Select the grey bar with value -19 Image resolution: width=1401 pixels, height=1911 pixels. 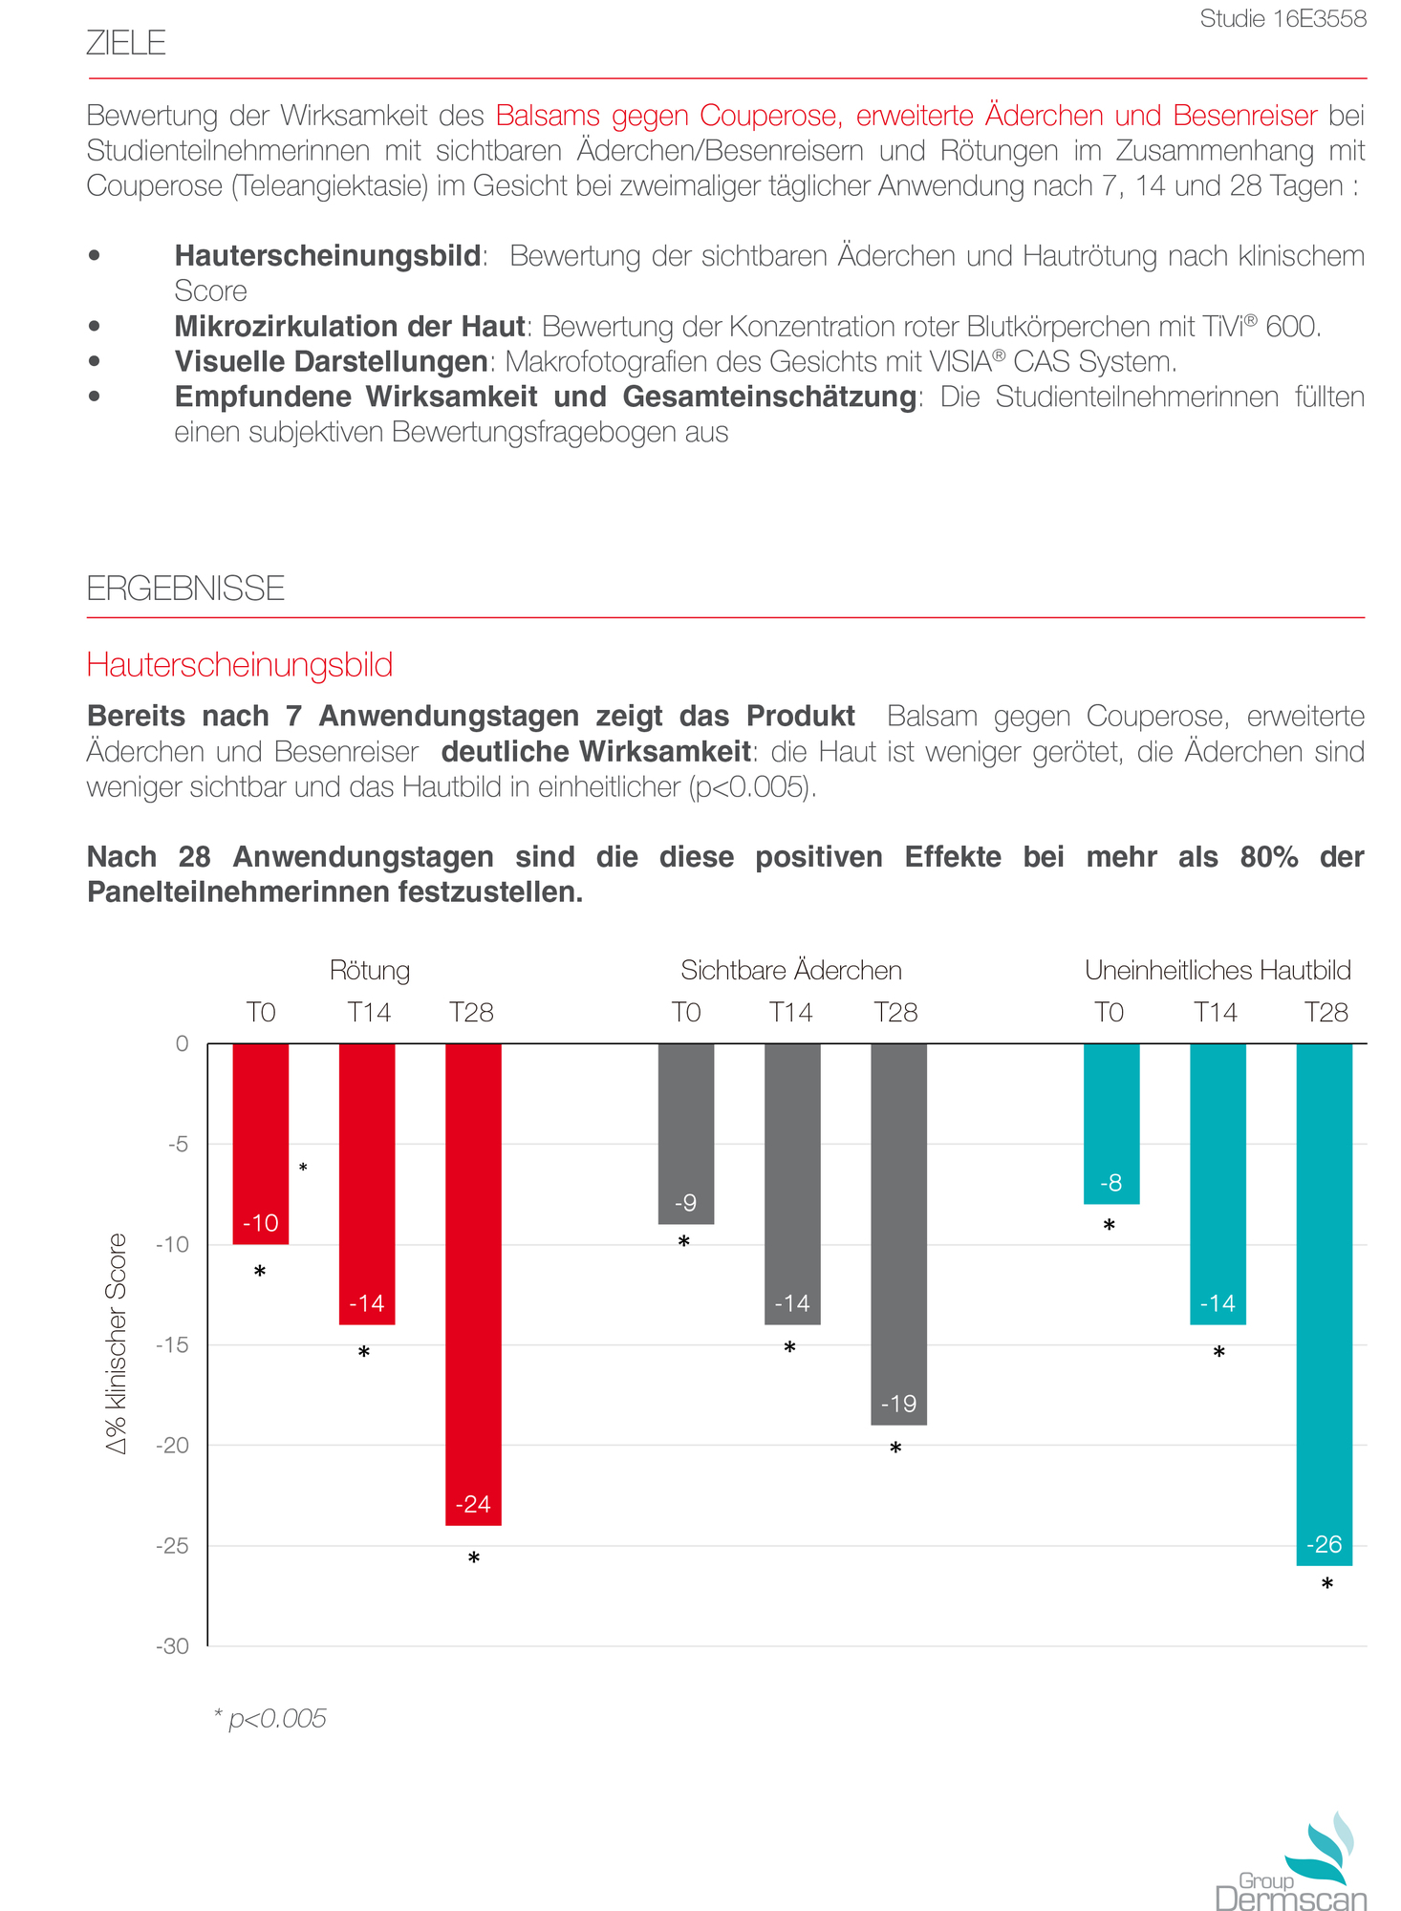click(898, 1233)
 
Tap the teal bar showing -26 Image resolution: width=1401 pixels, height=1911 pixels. click(1324, 1304)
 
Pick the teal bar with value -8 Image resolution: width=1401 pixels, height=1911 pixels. click(1110, 1123)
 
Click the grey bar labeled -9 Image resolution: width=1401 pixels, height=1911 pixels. click(686, 1133)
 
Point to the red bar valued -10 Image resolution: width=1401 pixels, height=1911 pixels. click(261, 1143)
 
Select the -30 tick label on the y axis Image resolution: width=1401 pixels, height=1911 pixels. click(173, 1645)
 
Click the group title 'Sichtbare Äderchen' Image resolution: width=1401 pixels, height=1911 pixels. click(791, 971)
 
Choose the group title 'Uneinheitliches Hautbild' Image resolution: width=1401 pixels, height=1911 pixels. click(1218, 971)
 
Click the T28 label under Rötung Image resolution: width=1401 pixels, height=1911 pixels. click(471, 1013)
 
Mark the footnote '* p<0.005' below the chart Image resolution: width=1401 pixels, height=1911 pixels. click(269, 1718)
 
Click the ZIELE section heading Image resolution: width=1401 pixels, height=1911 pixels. click(126, 43)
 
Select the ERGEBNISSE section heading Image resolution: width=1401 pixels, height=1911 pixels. click(185, 589)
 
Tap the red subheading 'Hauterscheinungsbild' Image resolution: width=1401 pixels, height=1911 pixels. click(239, 665)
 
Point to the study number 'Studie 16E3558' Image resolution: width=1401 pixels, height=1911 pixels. click(1282, 19)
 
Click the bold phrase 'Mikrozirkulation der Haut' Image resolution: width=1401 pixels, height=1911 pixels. click(350, 327)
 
